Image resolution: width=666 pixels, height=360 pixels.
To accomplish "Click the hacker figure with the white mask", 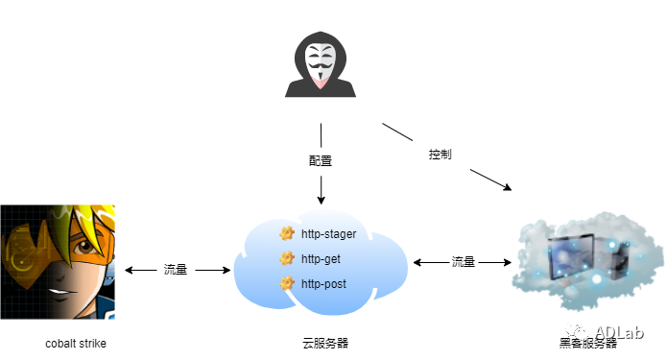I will [321, 64].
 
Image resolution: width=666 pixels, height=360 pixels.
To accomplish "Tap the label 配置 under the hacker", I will [321, 159].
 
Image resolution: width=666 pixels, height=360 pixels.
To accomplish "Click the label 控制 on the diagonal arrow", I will [440, 154].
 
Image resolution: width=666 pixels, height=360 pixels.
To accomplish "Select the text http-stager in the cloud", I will [329, 234].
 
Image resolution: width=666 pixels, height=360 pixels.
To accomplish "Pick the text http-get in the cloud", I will [321, 259].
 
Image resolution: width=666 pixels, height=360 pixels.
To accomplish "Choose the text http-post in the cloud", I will [323, 284].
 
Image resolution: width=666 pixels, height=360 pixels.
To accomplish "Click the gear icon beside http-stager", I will [286, 234].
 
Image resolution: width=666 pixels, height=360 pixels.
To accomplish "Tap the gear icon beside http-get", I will [286, 259].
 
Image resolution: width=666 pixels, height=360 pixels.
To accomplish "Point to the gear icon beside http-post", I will [286, 284].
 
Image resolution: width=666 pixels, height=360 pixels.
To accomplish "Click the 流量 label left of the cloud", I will [176, 271].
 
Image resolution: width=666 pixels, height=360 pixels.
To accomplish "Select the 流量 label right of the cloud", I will [464, 261].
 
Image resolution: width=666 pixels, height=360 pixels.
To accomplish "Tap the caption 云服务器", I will [321, 343].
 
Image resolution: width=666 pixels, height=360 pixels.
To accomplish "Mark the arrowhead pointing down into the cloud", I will [321, 199].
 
